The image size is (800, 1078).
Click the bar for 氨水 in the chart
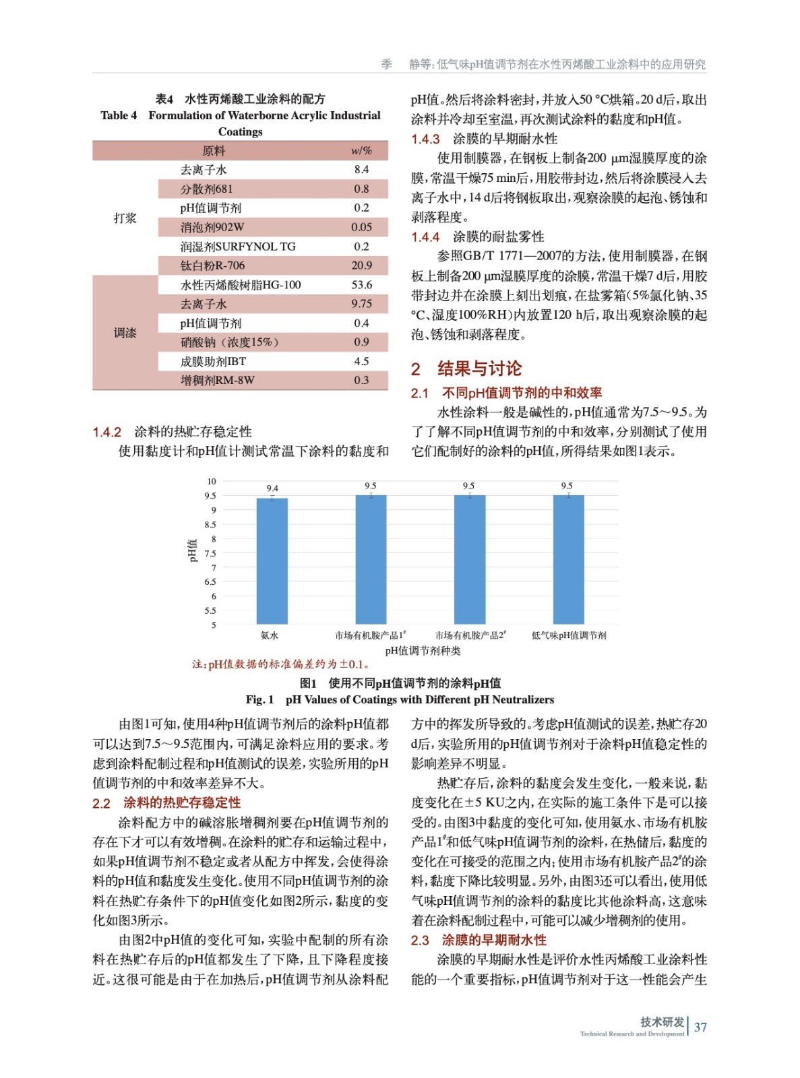tap(272, 561)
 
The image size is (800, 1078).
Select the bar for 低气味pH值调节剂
tap(568, 559)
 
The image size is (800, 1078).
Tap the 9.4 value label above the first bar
tap(272, 488)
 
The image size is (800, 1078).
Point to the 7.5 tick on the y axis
tap(210, 554)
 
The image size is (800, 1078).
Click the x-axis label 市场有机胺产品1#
tap(370, 635)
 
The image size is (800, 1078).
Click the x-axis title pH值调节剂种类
tap(423, 651)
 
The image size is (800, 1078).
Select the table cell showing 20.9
tap(361, 265)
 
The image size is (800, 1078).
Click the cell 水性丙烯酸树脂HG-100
tap(240, 285)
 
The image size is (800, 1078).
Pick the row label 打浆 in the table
tap(125, 218)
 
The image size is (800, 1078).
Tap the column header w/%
tap(361, 150)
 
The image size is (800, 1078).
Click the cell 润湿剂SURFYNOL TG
tap(237, 247)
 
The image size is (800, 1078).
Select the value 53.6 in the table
tap(361, 285)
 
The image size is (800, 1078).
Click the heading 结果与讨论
tap(479, 369)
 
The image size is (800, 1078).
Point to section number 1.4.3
tap(425, 139)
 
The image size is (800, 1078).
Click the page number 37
tap(700, 1027)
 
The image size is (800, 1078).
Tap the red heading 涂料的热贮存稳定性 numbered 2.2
tap(181, 803)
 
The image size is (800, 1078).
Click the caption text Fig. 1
tap(259, 699)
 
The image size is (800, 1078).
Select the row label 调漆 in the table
tap(125, 333)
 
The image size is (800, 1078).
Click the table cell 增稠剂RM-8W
tap(217, 381)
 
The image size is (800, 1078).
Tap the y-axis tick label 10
tap(212, 481)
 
